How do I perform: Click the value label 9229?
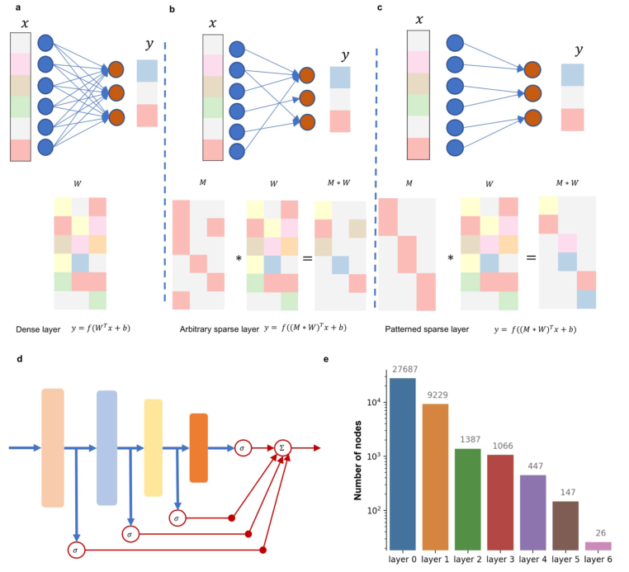pyautogui.click(x=436, y=396)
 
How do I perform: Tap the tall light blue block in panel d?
pyautogui.click(x=106, y=448)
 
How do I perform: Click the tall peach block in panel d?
pyautogui.click(x=52, y=448)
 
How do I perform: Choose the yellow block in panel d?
pyautogui.click(x=154, y=448)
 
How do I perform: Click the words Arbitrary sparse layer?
pyautogui.click(x=216, y=329)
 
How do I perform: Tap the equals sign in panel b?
pyautogui.click(x=307, y=258)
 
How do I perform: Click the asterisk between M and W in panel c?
pyautogui.click(x=451, y=258)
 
